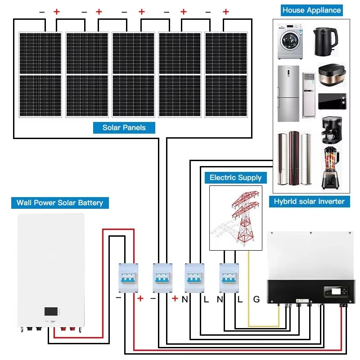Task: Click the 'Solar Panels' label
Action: (124, 127)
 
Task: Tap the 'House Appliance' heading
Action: (311, 10)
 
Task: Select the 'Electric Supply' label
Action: (235, 177)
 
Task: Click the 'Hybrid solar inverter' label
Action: (309, 201)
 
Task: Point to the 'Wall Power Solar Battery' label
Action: (60, 202)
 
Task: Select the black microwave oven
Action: (333, 101)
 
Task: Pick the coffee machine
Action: (331, 130)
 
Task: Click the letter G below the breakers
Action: (256, 298)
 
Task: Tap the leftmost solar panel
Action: (40, 74)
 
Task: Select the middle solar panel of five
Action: (133, 74)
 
